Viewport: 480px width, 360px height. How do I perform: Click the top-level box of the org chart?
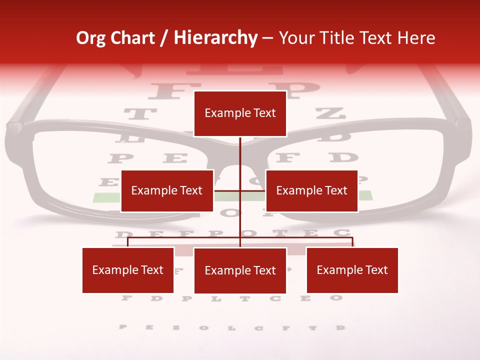[240, 113]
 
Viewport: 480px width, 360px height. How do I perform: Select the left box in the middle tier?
[167, 190]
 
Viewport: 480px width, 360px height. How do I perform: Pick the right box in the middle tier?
[311, 190]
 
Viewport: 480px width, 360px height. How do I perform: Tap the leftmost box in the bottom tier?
[128, 270]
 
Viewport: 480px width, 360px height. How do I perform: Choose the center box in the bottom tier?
[240, 270]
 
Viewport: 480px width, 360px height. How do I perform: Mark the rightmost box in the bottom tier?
[352, 270]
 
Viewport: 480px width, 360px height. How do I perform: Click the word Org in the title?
[90, 38]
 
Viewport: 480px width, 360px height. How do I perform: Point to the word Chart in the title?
[132, 38]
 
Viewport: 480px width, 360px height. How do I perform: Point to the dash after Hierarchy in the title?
[267, 38]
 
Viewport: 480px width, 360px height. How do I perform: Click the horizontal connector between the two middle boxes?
[239, 190]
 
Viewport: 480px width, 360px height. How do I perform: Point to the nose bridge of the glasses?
[240, 150]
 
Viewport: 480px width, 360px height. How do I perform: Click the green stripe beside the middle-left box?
[106, 196]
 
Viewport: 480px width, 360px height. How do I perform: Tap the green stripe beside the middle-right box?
[365, 195]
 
